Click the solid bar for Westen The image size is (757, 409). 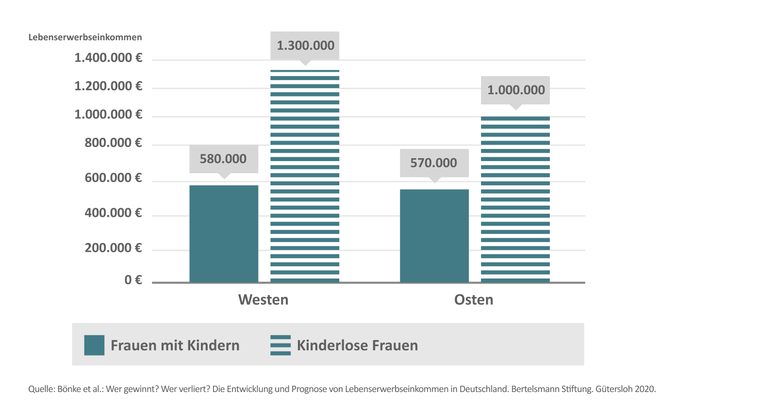click(x=224, y=233)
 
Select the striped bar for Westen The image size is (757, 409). click(x=305, y=176)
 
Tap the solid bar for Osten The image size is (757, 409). click(x=434, y=235)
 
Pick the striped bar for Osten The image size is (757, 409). click(x=515, y=199)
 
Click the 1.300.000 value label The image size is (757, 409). click(x=305, y=46)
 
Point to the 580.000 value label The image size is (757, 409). click(x=223, y=159)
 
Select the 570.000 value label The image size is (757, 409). click(x=434, y=163)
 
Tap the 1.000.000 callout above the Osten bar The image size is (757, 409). click(x=516, y=90)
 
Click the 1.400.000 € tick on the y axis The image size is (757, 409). click(x=108, y=58)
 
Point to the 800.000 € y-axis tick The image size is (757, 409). click(x=113, y=143)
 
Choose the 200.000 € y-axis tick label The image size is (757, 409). click(x=113, y=248)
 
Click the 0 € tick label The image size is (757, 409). click(x=133, y=280)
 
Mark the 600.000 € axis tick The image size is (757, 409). click(x=113, y=178)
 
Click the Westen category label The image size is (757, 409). click(x=263, y=300)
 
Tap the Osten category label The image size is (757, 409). click(x=474, y=300)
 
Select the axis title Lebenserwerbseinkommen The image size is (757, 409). click(x=85, y=37)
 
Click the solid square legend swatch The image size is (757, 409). click(x=94, y=345)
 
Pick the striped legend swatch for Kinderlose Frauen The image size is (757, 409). click(x=280, y=345)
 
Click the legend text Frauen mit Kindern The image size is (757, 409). click(x=175, y=345)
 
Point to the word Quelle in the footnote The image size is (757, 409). click(x=41, y=389)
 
